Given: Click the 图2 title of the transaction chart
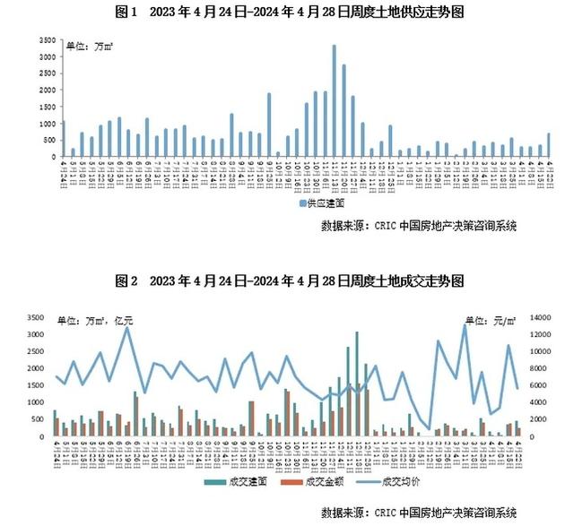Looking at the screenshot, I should click(x=287, y=280).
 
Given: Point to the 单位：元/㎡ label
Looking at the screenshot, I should click(x=491, y=320).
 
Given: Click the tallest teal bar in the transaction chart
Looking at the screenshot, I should click(x=356, y=384).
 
